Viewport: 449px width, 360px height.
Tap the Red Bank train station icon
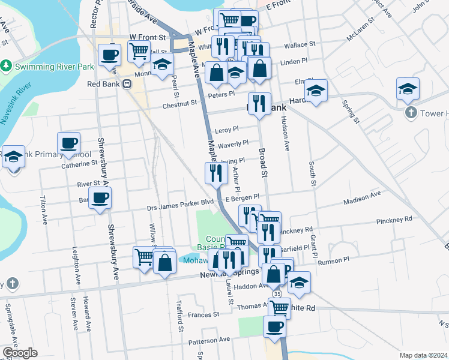coord(127,85)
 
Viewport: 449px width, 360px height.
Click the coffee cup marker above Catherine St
coord(68,144)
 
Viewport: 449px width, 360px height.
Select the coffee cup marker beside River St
coord(100,197)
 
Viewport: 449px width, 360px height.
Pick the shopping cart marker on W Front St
coord(139,53)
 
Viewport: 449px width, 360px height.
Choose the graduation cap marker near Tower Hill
coord(408,90)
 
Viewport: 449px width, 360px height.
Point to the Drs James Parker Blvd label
coord(181,208)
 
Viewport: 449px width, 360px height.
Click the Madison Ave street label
coord(363,195)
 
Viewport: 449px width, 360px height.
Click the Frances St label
coord(203,314)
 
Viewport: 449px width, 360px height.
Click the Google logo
coord(20,353)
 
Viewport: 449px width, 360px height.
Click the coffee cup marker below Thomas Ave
coord(275,327)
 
